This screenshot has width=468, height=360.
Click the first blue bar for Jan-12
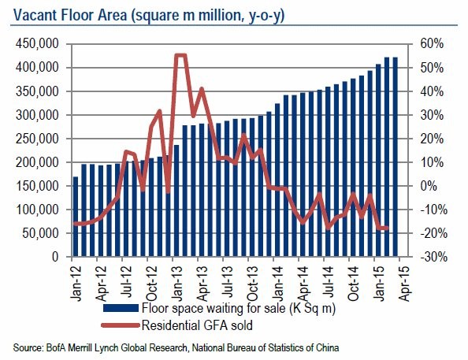[x=76, y=217]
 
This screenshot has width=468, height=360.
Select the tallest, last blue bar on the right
[x=395, y=158]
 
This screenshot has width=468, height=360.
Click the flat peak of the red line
[x=180, y=55]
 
